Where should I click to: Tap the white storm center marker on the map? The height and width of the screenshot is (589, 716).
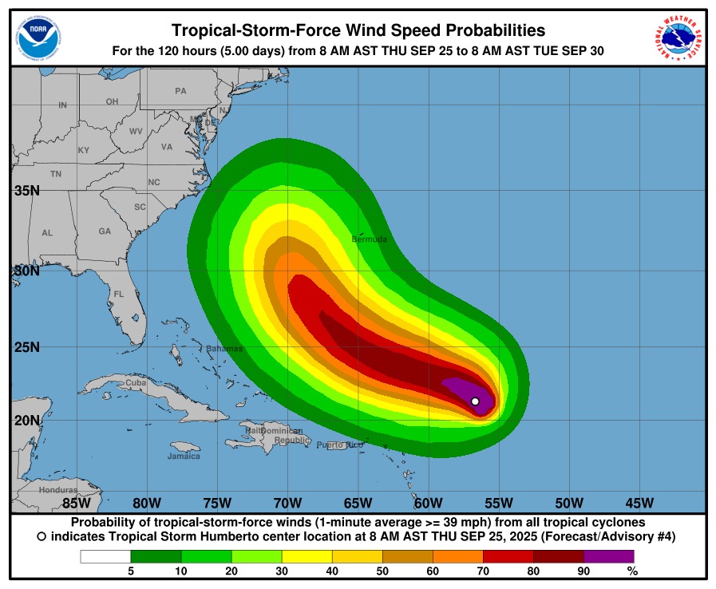point(475,401)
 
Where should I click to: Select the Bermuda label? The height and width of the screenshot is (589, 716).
point(370,239)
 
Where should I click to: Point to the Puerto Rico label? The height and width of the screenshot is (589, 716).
point(339,445)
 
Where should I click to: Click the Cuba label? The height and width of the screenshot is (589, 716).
point(136,384)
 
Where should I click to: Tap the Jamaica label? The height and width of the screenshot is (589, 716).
point(184,457)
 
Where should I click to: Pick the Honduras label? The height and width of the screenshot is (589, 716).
point(58,490)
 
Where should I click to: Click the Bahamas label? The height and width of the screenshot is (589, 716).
point(224,349)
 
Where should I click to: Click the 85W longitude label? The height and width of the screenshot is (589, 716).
point(77,503)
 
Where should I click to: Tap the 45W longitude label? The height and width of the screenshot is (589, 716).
point(639,503)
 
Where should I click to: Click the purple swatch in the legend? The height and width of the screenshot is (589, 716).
point(609,556)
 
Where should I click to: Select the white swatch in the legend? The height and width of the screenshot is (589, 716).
point(105,556)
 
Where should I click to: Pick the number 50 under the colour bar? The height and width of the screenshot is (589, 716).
point(382,571)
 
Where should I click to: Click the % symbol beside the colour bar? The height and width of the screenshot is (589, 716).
point(632,571)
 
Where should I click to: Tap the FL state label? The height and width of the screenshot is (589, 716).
point(118,294)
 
